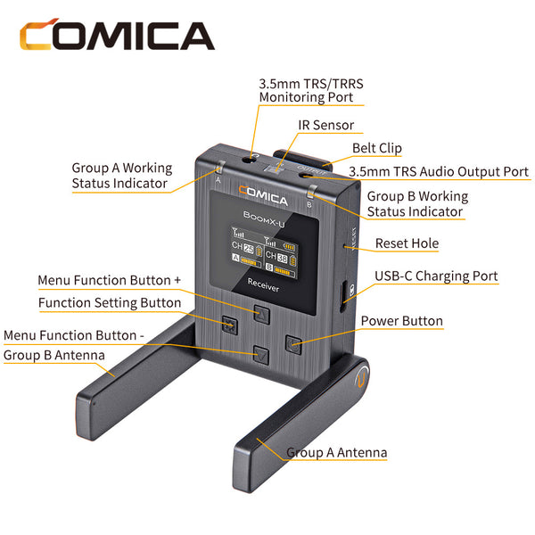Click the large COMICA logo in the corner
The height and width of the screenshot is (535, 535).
[x=117, y=35]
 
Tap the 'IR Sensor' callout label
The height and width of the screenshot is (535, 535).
[x=325, y=125]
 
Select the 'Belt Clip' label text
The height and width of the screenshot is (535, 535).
[x=376, y=148]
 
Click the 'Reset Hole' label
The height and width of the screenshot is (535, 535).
[x=407, y=243]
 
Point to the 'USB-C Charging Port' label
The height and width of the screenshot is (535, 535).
[x=436, y=276]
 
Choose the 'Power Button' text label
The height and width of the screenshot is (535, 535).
[x=401, y=321]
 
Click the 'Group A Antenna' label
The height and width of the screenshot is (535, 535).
[x=336, y=452]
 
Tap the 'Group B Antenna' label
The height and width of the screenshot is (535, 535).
[x=53, y=355]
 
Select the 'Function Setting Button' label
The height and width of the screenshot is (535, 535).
[x=110, y=302]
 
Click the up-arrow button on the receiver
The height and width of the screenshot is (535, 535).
[x=261, y=314]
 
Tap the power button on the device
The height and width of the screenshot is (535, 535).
[x=293, y=344]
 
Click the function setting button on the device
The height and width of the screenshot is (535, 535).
[x=230, y=325]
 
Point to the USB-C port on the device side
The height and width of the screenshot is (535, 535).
[x=343, y=296]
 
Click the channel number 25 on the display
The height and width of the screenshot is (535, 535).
[x=249, y=249]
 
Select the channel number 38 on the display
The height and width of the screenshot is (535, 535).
[x=282, y=258]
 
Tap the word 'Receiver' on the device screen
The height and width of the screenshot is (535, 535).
[x=263, y=285]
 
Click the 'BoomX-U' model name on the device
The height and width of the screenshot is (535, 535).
[x=264, y=219]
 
